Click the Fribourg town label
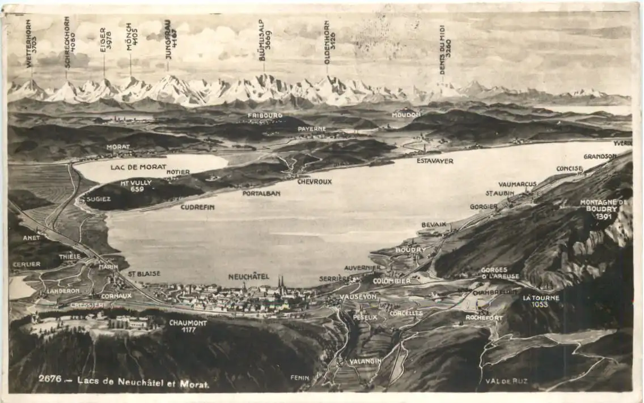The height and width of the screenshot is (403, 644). pyautogui.click(x=265, y=115)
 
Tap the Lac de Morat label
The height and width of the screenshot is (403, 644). pyautogui.click(x=138, y=167)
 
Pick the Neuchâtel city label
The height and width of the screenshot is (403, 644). pyautogui.click(x=248, y=276)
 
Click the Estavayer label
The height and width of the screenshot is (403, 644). pyautogui.click(x=435, y=161)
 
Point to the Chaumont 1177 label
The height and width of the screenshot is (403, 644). pyautogui.click(x=188, y=326)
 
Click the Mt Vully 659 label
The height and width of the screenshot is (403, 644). pyautogui.click(x=136, y=186)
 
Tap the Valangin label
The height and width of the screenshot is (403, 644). pyautogui.click(x=365, y=361)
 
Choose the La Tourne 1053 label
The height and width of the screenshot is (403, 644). pyautogui.click(x=541, y=301)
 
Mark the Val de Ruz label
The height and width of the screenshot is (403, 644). pyautogui.click(x=506, y=381)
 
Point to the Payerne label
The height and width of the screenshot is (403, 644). pyautogui.click(x=312, y=129)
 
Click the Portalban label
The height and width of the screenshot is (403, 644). pyautogui.click(x=261, y=193)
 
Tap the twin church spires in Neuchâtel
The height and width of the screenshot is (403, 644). pyautogui.click(x=281, y=282)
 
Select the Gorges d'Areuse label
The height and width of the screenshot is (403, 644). pyautogui.click(x=500, y=273)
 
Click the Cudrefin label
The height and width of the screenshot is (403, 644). pyautogui.click(x=197, y=207)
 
